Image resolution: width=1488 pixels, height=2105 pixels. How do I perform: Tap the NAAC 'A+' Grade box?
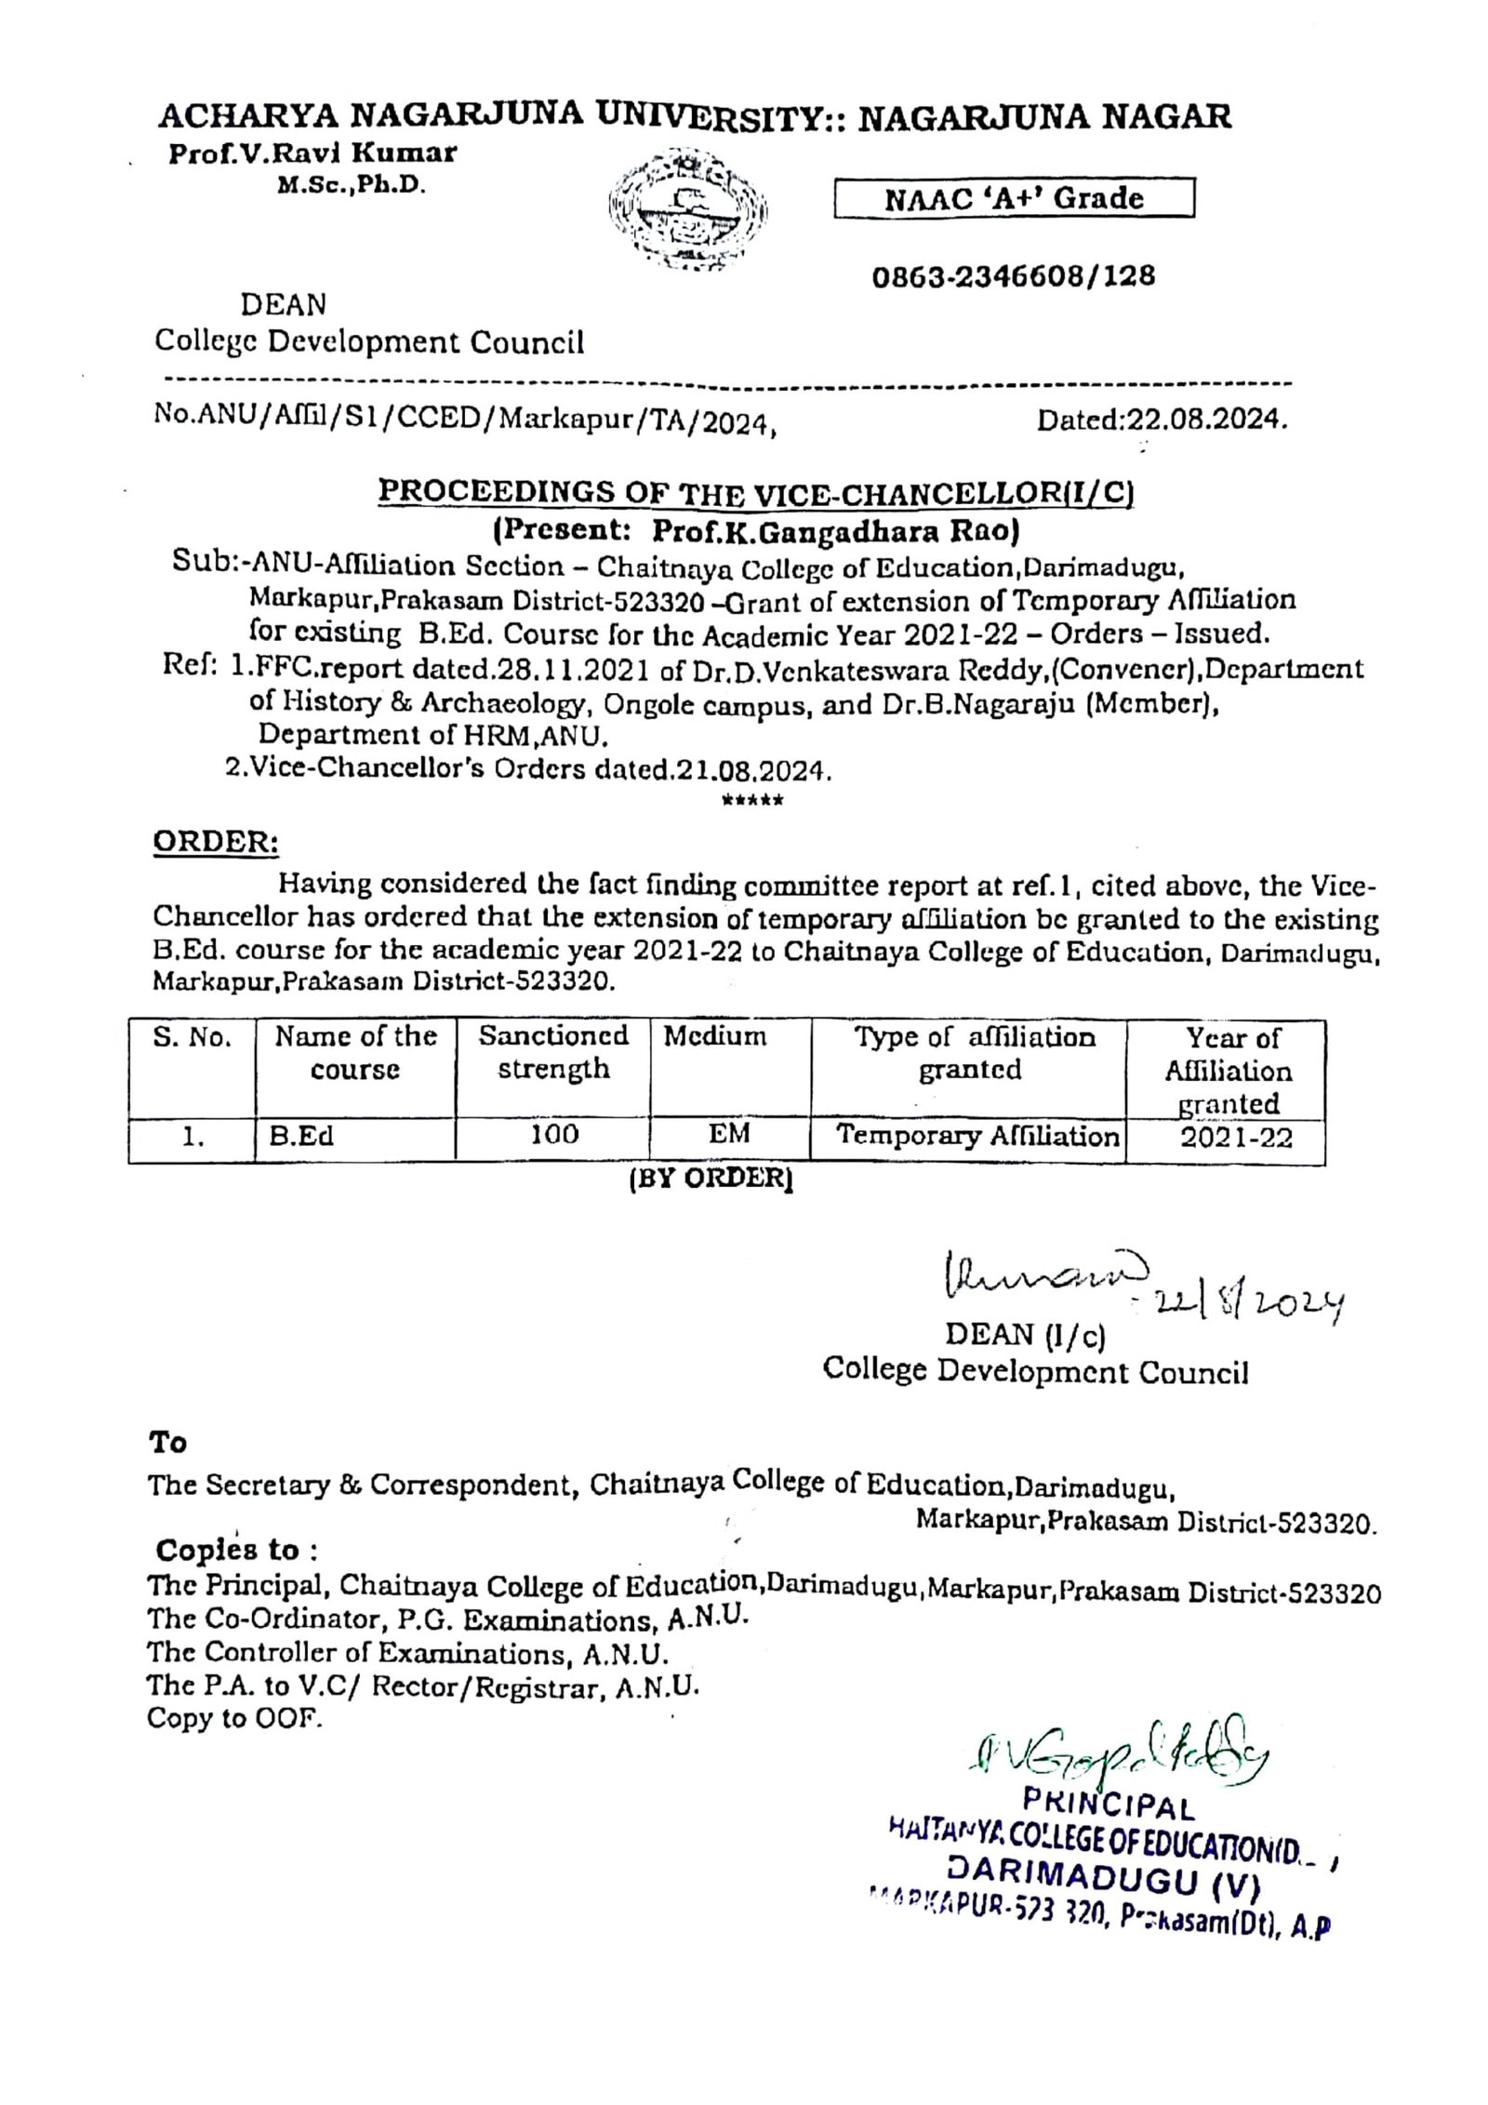point(1013,199)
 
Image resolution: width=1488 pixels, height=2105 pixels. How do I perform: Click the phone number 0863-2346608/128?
point(1013,276)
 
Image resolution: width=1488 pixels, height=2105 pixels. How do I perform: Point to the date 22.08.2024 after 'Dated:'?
point(1207,420)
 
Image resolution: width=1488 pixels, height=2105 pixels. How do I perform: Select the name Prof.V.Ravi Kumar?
point(312,153)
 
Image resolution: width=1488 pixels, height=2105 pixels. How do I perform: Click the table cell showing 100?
point(552,1136)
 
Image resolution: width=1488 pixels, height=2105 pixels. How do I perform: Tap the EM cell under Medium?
point(729,1134)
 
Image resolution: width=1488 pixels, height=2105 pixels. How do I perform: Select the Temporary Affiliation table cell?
point(976,1136)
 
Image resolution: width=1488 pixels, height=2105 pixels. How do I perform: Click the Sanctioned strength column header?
point(553,1052)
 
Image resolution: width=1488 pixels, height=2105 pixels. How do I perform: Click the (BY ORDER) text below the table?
point(711,1179)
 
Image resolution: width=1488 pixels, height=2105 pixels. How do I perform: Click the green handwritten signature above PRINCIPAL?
point(1108,1762)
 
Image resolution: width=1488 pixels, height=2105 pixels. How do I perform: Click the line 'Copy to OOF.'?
point(234,1719)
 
